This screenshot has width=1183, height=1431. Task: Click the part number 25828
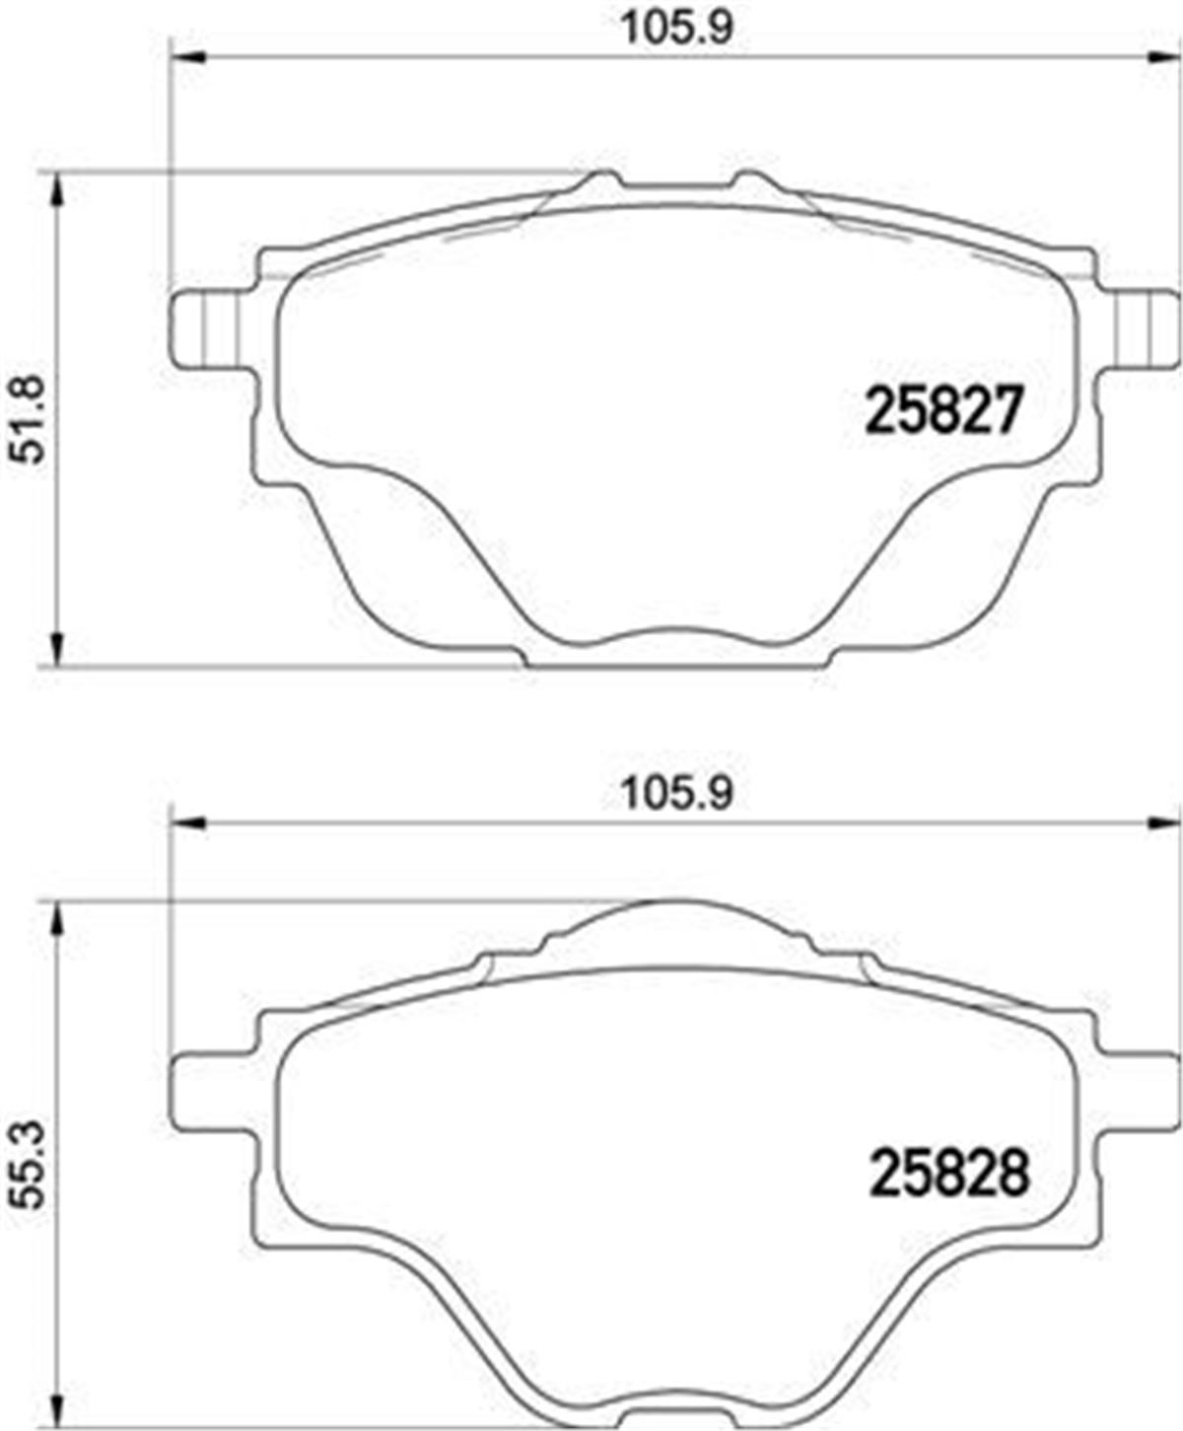[x=948, y=1174]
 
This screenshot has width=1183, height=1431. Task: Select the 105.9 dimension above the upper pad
[x=677, y=30]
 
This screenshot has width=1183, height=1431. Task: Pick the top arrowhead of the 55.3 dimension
[x=57, y=917]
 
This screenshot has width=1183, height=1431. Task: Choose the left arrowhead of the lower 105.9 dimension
[x=187, y=823]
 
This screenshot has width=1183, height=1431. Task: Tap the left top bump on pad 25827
[x=600, y=180]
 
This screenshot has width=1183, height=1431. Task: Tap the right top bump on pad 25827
[x=750, y=180]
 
